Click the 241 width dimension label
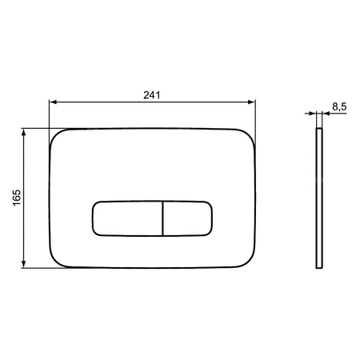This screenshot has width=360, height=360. [152, 95]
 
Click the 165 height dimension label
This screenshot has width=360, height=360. [17, 198]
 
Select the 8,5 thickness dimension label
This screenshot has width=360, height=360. [339, 106]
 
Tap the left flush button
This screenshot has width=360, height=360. [127, 218]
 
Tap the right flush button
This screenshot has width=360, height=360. [187, 218]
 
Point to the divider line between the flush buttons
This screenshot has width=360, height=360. [162, 218]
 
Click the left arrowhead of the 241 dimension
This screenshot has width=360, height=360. [53, 102]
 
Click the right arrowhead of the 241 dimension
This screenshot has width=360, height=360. [251, 102]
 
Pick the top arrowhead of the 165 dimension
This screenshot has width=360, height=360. [24, 132]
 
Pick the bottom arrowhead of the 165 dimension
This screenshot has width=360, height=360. [24, 264]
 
